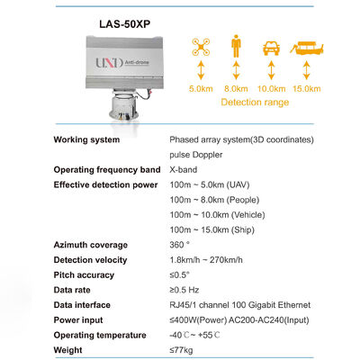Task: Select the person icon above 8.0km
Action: pyautogui.click(x=235, y=48)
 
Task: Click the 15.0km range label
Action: pyautogui.click(x=306, y=88)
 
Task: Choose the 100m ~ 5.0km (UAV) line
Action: pyautogui.click(x=211, y=184)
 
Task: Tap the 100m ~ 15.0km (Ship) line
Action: pyautogui.click(x=211, y=229)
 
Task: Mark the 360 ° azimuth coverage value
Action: pyautogui.click(x=180, y=244)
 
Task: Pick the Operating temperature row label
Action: pyautogui.click(x=99, y=335)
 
